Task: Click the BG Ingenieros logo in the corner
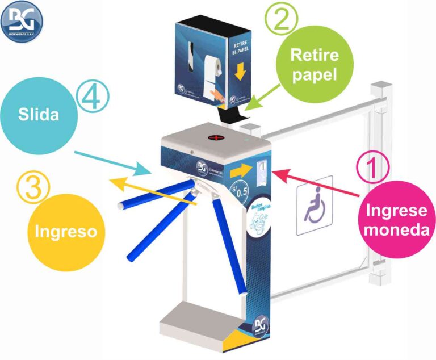(22, 22)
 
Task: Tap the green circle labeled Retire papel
(315, 64)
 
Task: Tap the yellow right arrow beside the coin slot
(244, 169)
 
